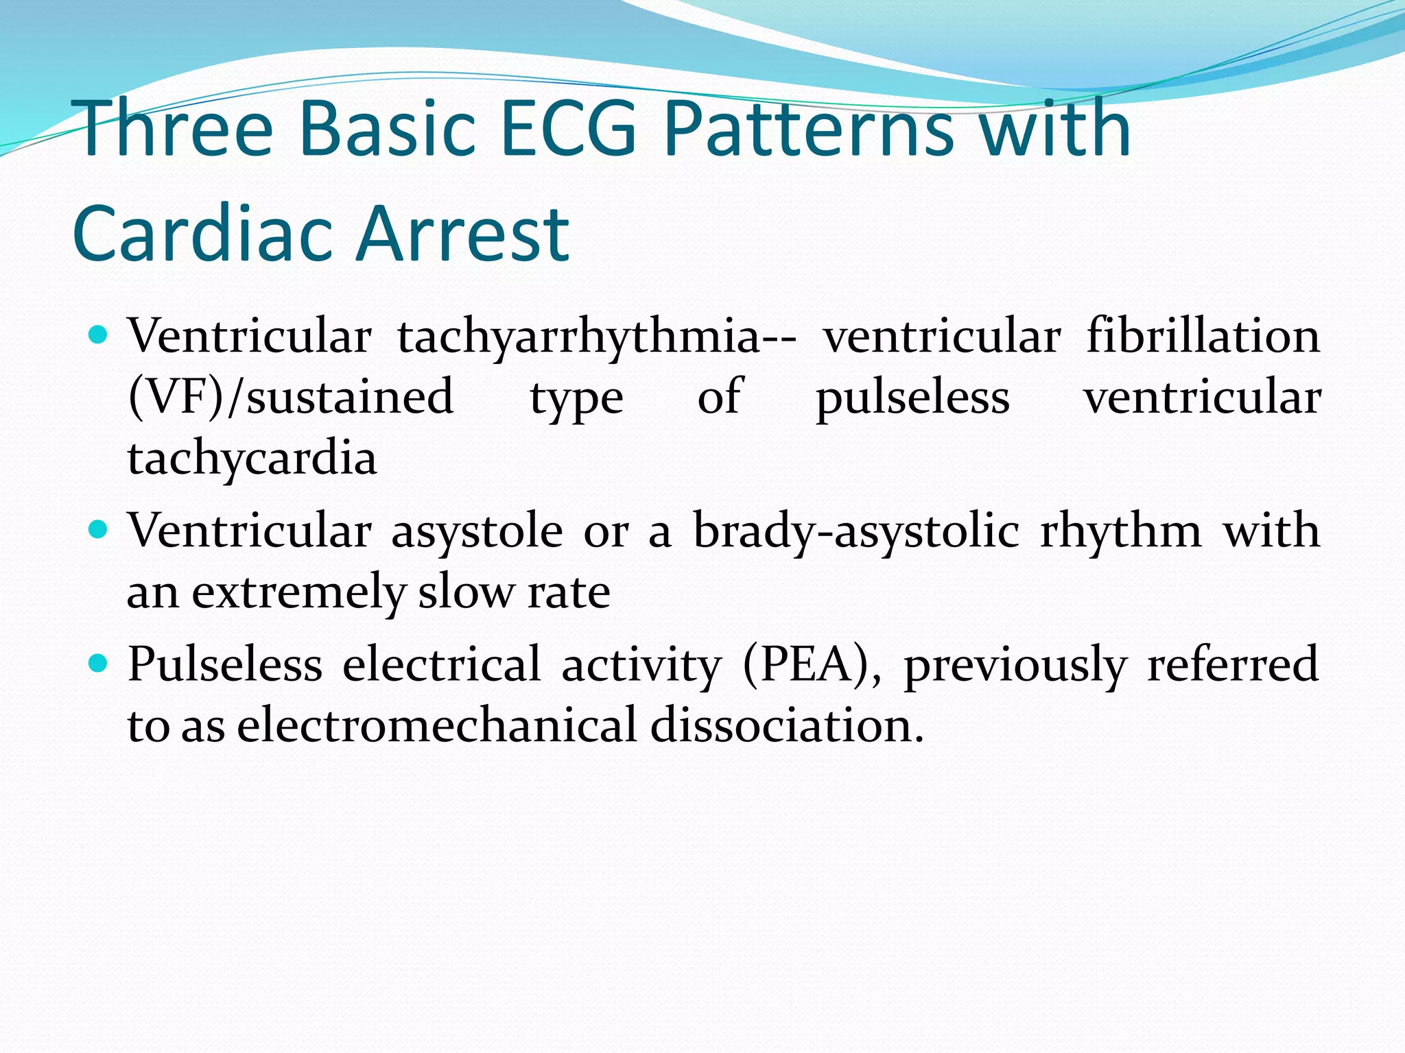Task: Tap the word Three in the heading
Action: click(x=176, y=129)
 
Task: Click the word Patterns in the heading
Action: click(x=810, y=129)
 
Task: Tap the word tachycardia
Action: click(x=252, y=458)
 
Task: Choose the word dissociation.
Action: click(x=786, y=725)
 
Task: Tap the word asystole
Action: click(x=477, y=532)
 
